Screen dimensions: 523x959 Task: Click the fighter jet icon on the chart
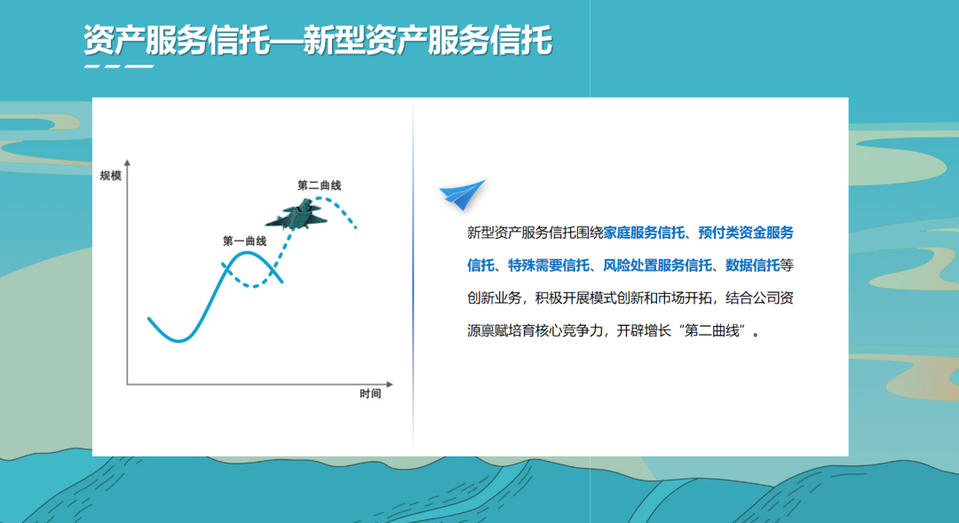297,216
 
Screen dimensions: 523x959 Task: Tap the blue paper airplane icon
463,195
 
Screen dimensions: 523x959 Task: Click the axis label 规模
110,176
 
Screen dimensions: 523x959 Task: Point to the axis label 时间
370,393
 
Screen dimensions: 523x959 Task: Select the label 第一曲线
244,241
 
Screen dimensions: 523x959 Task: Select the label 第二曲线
319,186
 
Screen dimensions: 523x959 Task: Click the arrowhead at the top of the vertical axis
128,163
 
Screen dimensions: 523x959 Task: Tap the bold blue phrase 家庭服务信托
645,234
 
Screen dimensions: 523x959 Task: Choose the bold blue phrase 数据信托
752,265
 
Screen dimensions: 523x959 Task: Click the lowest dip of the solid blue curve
178,340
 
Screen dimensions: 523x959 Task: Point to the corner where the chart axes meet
128,384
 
